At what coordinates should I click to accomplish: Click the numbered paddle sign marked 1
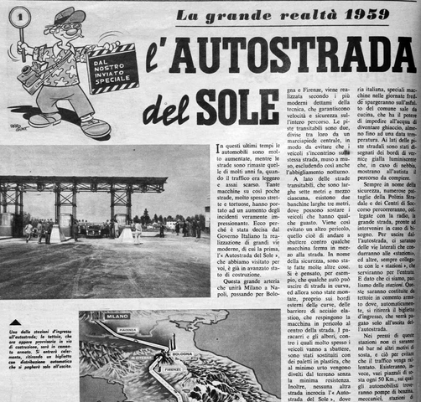coord(15,16)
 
